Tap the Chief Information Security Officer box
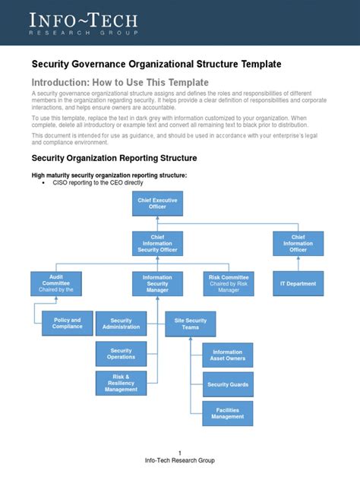(x=157, y=244)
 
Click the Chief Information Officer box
(x=298, y=244)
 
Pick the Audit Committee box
(x=55, y=284)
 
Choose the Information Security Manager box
(x=157, y=284)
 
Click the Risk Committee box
(x=229, y=284)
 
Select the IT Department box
(x=298, y=284)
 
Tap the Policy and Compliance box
(x=68, y=324)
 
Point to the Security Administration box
(x=122, y=324)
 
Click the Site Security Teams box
(x=191, y=324)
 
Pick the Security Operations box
(x=122, y=353)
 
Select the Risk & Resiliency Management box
(x=122, y=384)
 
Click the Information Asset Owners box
(x=228, y=355)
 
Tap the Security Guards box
(x=228, y=384)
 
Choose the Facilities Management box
(x=228, y=413)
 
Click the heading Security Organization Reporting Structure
(x=114, y=158)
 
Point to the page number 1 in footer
(x=180, y=453)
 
